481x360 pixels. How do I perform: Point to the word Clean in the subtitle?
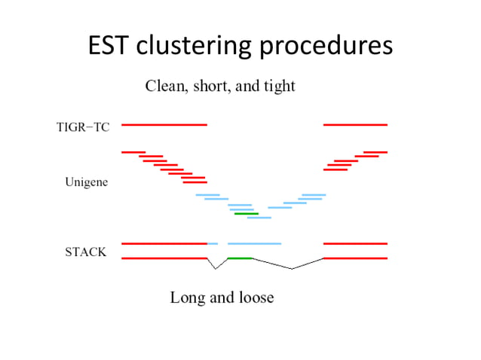[x=164, y=87]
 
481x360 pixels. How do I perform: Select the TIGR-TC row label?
[x=82, y=127]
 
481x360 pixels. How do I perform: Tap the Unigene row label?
[x=86, y=182]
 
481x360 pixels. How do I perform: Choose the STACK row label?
[x=85, y=252]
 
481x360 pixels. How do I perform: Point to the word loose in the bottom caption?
[x=255, y=298]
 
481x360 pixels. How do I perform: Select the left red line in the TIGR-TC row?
[x=164, y=124]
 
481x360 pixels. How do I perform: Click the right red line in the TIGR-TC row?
[x=355, y=124]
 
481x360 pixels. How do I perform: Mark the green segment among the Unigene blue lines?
[x=246, y=214]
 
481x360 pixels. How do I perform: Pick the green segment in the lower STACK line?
[x=240, y=258]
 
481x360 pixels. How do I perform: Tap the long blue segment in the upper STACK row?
[x=254, y=244]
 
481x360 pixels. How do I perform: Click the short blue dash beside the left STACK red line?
[x=213, y=244]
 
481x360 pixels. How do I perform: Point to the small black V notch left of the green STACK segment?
[x=216, y=264]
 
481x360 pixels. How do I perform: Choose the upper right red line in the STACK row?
[x=355, y=244]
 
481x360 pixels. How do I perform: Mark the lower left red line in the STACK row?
[x=164, y=258]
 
